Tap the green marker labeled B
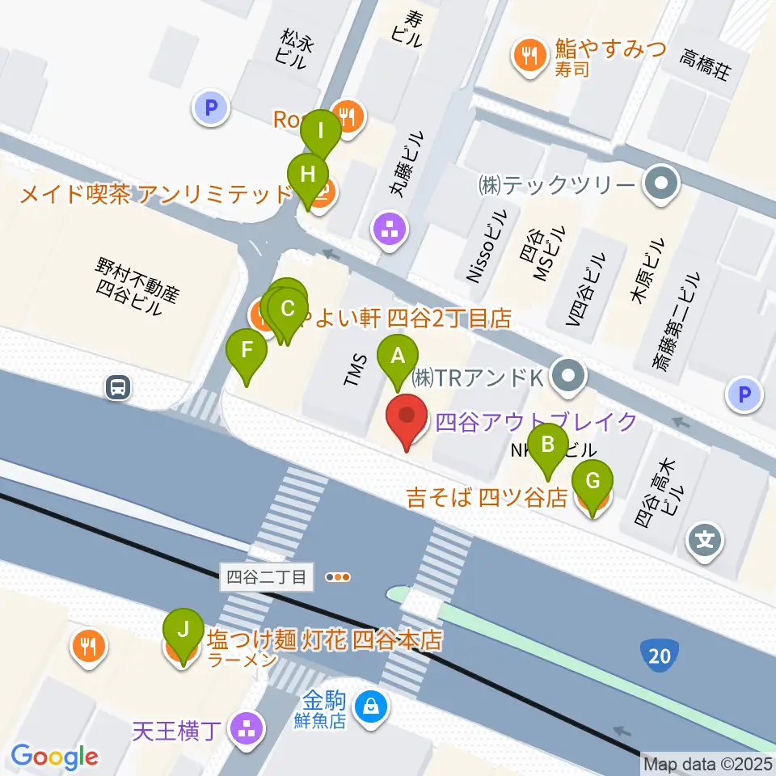547,445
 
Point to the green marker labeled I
321,131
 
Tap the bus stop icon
118,388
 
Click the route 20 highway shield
660,656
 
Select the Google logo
55,757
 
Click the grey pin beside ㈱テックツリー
661,185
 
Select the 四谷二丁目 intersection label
266,577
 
